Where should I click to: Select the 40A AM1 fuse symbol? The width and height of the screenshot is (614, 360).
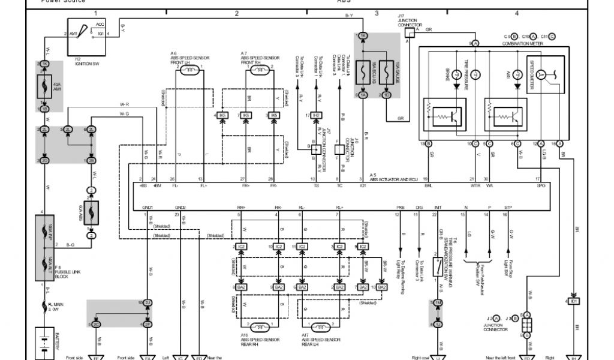[44, 86]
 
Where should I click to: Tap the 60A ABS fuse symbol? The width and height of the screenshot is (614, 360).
[91, 211]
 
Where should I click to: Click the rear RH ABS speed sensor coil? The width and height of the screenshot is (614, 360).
[259, 327]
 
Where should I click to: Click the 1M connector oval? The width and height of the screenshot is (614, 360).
[438, 302]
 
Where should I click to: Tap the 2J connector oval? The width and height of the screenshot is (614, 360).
[147, 302]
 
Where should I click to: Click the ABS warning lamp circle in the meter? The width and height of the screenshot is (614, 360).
[517, 74]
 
